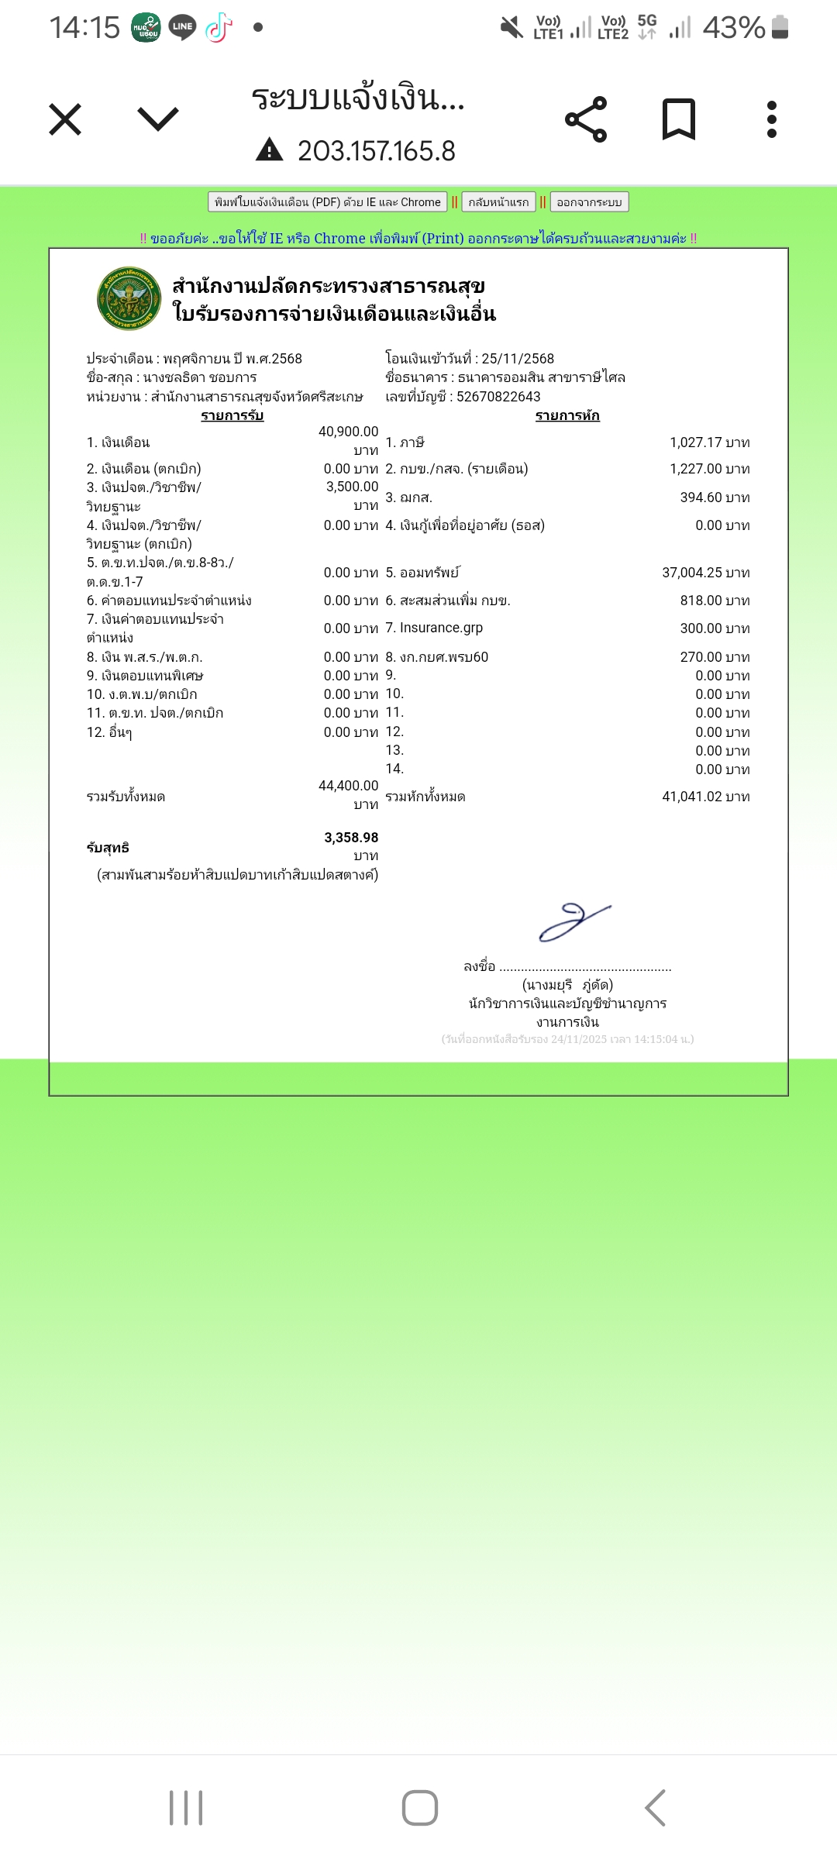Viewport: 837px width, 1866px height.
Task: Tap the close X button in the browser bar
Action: tap(65, 120)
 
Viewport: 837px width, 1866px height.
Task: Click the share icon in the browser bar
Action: tap(586, 120)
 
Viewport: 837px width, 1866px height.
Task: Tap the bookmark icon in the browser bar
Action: tap(679, 120)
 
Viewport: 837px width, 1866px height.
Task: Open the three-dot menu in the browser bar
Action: tap(771, 120)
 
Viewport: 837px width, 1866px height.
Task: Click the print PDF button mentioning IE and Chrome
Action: tap(327, 202)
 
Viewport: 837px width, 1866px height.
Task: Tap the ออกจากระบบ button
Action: tap(589, 202)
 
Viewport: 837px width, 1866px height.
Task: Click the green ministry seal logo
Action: tap(129, 299)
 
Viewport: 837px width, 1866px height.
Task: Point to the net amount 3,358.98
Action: tap(351, 838)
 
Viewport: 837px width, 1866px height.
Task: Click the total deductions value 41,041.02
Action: tap(691, 797)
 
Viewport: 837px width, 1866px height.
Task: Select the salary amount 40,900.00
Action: tap(348, 432)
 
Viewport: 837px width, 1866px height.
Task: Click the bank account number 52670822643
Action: tap(498, 397)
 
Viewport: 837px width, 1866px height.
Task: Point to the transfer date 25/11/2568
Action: tap(518, 359)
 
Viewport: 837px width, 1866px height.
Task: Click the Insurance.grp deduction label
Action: tap(441, 628)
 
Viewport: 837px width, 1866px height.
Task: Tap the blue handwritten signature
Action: tap(574, 922)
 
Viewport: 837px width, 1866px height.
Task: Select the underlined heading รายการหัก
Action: tap(567, 416)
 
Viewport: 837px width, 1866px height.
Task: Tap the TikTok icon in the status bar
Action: tap(219, 28)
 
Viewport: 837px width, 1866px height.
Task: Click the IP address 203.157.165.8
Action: tap(376, 151)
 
